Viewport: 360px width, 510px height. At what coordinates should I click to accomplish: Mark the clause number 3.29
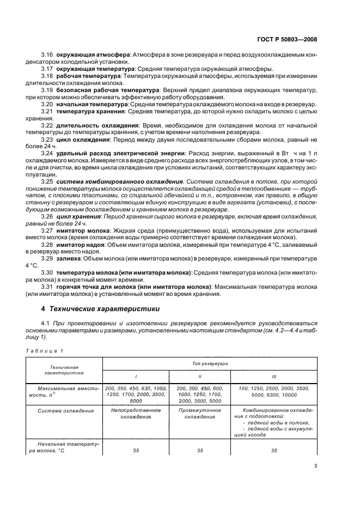pos(47,261)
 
